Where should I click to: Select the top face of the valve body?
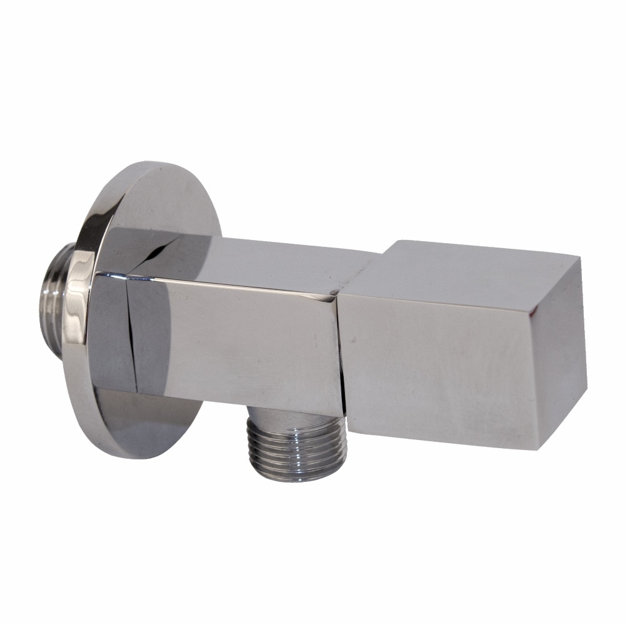262,259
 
